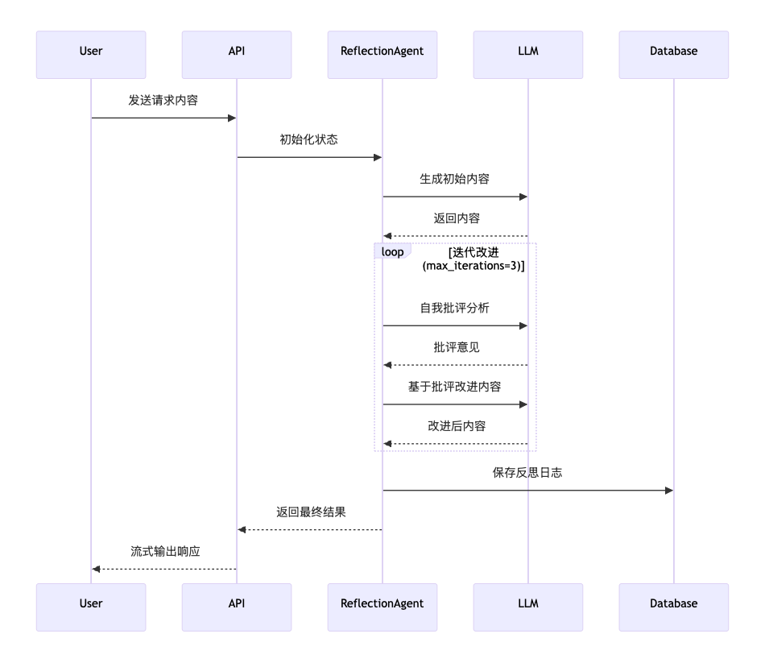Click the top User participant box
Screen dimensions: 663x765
pyautogui.click(x=91, y=54)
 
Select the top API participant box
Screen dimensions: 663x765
pyautogui.click(x=237, y=54)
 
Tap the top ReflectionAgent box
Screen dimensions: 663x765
pyautogui.click(x=382, y=54)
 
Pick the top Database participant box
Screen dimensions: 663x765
pyautogui.click(x=674, y=54)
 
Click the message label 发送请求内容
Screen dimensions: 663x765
pyautogui.click(x=163, y=101)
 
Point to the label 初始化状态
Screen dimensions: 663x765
pyautogui.click(x=309, y=139)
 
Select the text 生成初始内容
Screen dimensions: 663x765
pyautogui.click(x=455, y=179)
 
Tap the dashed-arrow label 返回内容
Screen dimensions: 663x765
pyautogui.click(x=455, y=218)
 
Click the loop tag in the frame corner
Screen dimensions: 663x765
pyautogui.click(x=392, y=252)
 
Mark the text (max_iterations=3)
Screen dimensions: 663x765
pyautogui.click(x=473, y=266)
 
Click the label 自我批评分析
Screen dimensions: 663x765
pyautogui.click(x=455, y=309)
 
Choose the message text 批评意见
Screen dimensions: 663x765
pyautogui.click(x=455, y=348)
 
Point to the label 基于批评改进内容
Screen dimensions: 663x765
pyautogui.click(x=455, y=387)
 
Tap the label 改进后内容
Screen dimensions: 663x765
pyautogui.click(x=455, y=426)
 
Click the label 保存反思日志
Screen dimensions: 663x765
pyautogui.click(x=527, y=473)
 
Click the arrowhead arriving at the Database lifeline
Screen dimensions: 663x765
pyautogui.click(x=668, y=490)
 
